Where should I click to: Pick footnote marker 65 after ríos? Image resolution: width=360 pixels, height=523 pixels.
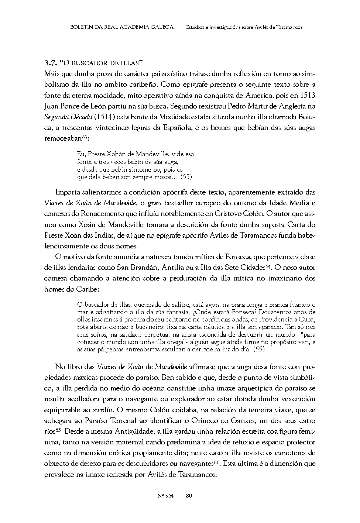pyautogui.click(x=58, y=430)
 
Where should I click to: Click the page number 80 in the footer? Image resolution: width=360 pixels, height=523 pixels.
pyautogui.click(x=189, y=496)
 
